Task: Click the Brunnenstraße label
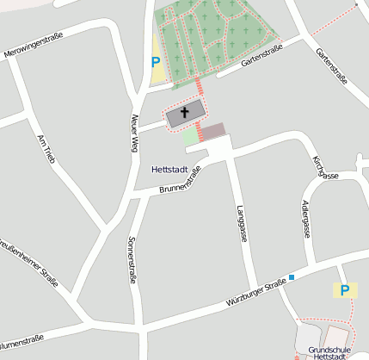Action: point(181,183)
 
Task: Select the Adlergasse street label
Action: point(306,220)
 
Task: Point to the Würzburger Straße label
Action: point(255,296)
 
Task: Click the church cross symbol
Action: point(185,113)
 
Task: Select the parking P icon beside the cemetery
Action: point(156,61)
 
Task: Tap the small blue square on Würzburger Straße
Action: point(292,277)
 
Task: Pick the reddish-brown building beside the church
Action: point(212,131)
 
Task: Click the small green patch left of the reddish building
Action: point(189,136)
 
